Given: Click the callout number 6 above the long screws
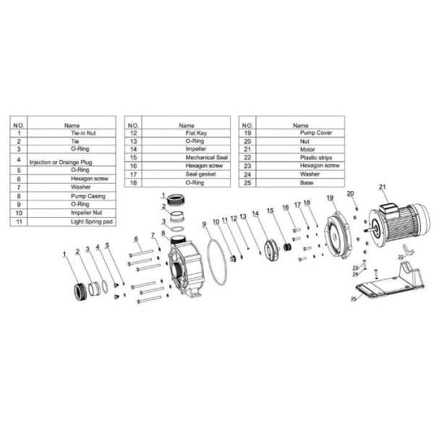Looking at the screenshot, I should click(135, 239).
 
